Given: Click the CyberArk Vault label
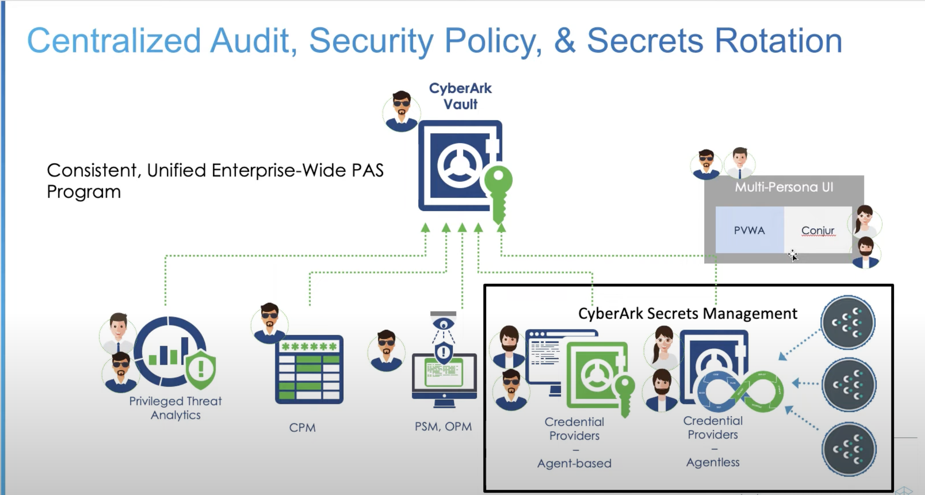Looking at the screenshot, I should [x=460, y=96].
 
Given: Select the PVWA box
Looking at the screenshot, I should [x=749, y=230].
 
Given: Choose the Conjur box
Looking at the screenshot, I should [x=818, y=230].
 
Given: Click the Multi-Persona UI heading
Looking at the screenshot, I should [x=784, y=187].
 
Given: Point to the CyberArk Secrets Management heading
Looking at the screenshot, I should [x=687, y=313].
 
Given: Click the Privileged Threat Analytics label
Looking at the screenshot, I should [x=175, y=408].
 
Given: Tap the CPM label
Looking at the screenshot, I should [x=302, y=428].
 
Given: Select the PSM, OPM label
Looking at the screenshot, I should [x=443, y=427].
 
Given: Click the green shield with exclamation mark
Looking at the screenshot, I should [x=201, y=369].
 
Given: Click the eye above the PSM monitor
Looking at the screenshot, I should [x=444, y=324].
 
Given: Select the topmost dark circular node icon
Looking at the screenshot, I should [x=848, y=322].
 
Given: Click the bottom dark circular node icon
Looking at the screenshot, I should [x=849, y=449].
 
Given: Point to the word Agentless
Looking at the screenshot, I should [x=713, y=462].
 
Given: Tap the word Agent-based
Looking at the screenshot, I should [x=574, y=463].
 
